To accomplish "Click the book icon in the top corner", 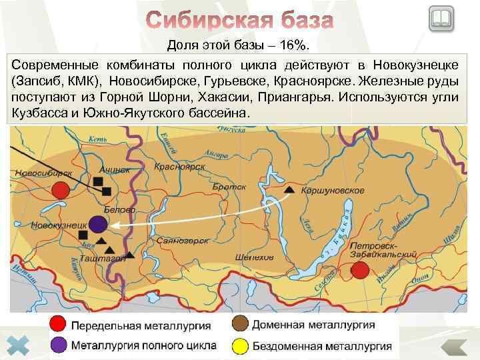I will [441, 18].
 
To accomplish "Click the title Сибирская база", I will [239, 20].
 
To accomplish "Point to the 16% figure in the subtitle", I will [295, 45].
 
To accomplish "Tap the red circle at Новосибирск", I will [61, 190].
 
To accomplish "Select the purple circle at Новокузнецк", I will [98, 223].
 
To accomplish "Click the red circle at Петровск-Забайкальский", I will [360, 269].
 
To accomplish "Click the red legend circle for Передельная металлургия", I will [59, 326].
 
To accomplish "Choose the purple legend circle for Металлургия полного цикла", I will [59, 345].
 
